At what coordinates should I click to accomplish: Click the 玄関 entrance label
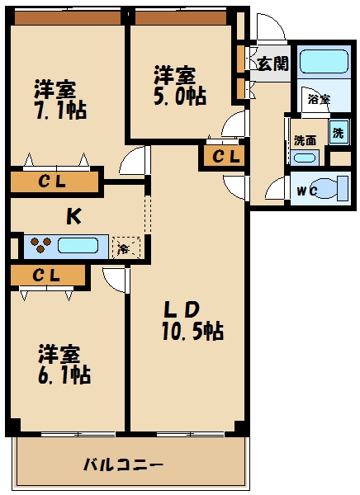273,64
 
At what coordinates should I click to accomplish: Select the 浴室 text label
318,99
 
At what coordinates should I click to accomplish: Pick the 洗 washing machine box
339,132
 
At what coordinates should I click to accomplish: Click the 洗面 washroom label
304,139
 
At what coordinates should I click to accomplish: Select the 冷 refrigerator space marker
125,247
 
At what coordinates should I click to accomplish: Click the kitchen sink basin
81,246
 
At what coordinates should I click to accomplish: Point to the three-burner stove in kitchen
39,246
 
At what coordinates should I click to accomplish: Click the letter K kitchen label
73,217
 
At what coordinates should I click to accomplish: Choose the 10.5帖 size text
192,332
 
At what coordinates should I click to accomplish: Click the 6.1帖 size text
64,375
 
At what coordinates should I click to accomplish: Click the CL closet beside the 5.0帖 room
224,156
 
